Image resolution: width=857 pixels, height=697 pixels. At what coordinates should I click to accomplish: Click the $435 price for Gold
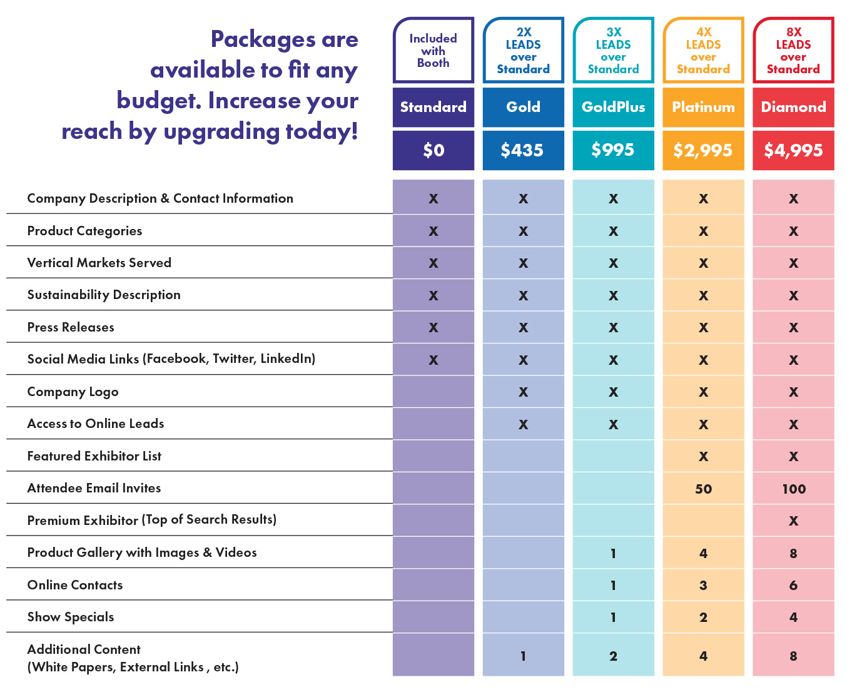pos(522,150)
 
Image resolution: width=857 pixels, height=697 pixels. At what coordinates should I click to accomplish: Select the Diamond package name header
pos(793,107)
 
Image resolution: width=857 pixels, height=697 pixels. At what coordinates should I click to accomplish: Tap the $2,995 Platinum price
pos(703,150)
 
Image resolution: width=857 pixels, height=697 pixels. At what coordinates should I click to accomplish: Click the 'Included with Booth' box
pos(433,51)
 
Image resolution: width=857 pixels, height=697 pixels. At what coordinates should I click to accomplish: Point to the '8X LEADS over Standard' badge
pos(793,51)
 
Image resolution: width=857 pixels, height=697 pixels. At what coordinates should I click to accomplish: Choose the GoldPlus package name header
pos(613,107)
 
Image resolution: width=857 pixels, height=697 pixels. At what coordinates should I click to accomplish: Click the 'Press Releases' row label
pos(71,327)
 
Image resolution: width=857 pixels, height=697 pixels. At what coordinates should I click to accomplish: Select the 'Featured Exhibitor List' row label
pos(94,456)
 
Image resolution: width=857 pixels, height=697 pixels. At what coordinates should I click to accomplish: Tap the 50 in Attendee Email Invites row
pos(703,489)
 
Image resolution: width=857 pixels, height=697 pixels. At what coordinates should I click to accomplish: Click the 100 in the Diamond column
pos(793,489)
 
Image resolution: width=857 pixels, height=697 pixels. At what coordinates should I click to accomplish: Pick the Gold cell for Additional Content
pos(523,656)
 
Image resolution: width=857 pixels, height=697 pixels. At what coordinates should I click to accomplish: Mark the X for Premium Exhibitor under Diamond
pos(793,521)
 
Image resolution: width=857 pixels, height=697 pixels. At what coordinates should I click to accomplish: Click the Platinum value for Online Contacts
pos(703,586)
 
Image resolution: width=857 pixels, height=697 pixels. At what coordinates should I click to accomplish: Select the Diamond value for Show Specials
pos(793,618)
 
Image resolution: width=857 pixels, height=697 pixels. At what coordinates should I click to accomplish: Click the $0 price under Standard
pos(433,150)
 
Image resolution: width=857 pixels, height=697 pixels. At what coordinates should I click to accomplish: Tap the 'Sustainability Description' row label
pos(104,295)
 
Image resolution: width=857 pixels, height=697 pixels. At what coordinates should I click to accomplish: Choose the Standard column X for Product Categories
pos(433,231)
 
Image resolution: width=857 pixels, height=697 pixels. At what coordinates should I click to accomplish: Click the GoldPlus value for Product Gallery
pos(613,554)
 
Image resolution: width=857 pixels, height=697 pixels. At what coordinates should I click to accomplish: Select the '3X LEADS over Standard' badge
pos(613,51)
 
